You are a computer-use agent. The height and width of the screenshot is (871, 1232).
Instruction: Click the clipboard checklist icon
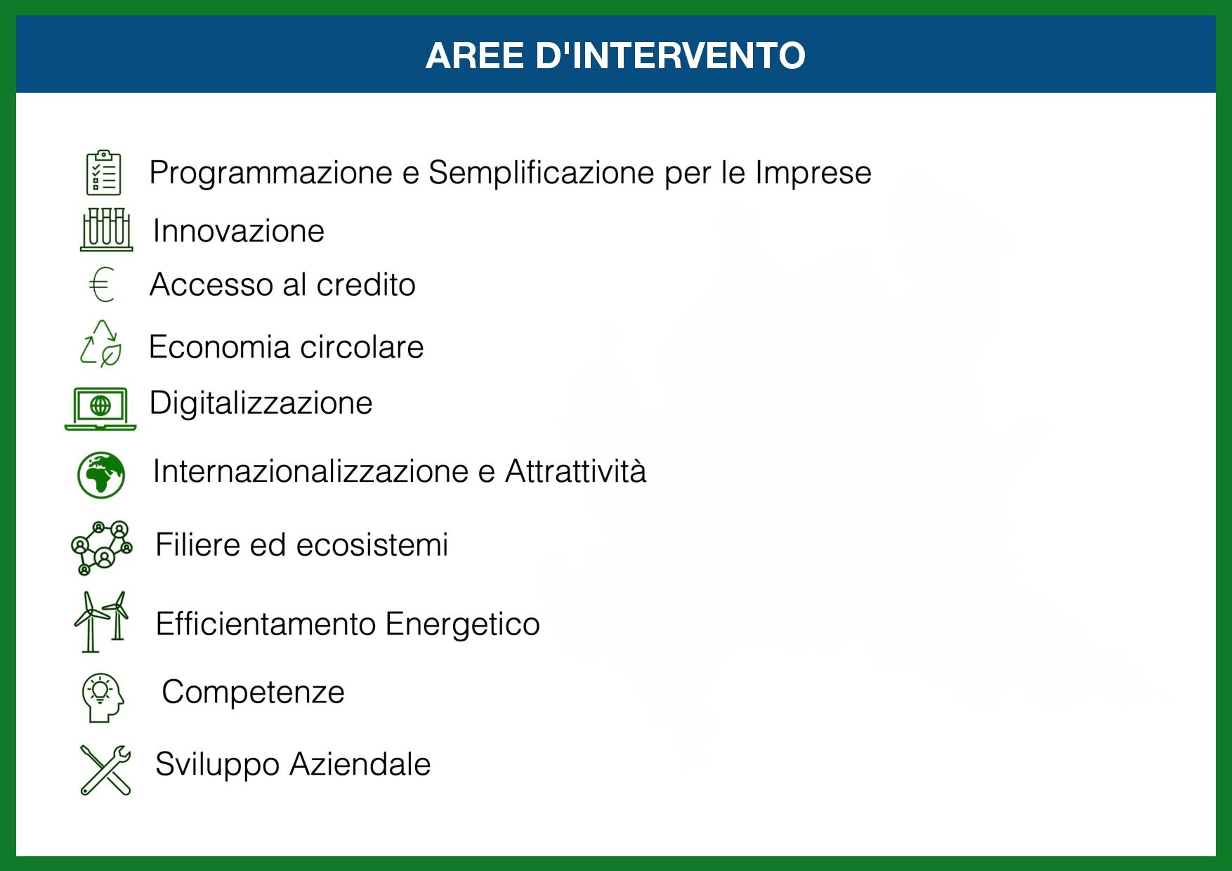(103, 172)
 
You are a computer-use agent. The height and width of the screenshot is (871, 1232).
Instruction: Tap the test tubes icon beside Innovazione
(106, 229)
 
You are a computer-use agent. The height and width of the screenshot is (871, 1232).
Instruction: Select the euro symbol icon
(102, 284)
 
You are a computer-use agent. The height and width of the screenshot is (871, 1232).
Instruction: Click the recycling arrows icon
(101, 343)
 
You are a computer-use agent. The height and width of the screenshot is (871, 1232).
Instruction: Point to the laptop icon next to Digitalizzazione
(100, 408)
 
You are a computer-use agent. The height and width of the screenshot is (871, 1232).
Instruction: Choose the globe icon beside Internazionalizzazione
(101, 475)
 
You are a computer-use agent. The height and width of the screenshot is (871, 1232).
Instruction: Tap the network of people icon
(101, 547)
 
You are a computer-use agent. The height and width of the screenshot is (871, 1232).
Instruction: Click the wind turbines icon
(101, 622)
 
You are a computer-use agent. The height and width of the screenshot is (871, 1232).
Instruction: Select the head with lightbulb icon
(103, 698)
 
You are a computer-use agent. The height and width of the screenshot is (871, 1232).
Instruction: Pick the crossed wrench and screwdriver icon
(105, 770)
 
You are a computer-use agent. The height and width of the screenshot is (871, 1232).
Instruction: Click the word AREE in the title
(475, 55)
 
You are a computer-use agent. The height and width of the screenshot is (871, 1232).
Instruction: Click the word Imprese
(813, 173)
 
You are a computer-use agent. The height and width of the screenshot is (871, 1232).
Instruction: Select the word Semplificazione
(542, 173)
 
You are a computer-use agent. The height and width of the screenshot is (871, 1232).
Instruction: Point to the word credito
(366, 284)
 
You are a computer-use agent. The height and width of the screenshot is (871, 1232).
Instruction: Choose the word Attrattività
(575, 471)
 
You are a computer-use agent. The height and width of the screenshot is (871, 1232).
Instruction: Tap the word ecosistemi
(372, 544)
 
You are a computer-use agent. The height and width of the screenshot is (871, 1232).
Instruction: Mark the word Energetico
(463, 624)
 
